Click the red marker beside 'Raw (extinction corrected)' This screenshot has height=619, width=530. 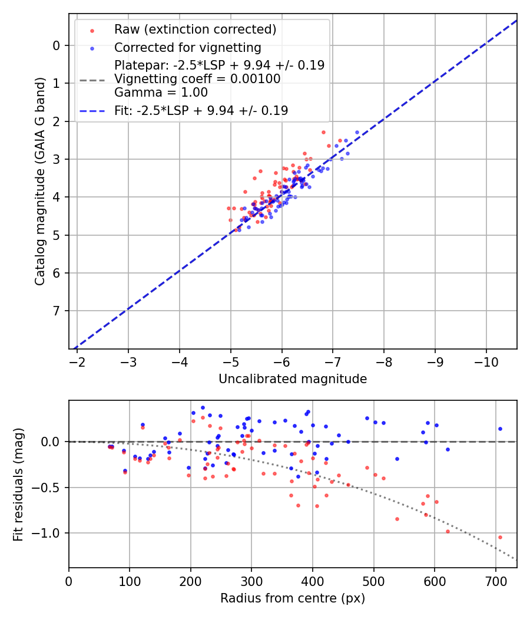(92, 29)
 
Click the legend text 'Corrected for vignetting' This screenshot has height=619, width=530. (187, 47)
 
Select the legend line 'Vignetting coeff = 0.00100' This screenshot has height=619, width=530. (197, 79)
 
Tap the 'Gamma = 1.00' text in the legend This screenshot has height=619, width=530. (161, 93)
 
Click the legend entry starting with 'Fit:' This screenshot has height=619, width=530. (201, 111)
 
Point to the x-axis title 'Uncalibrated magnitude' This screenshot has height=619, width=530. (293, 379)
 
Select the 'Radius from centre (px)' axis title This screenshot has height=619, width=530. (293, 598)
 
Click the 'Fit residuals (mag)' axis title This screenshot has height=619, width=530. (18, 484)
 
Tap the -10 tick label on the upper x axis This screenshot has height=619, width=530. (486, 361)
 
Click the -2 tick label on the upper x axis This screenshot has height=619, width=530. (77, 361)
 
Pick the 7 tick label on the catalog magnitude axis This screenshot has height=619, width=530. (57, 311)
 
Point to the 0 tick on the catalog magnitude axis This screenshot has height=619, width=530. (57, 45)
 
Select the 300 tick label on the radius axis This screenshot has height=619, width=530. (251, 581)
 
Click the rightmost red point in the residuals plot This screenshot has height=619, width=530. (500, 537)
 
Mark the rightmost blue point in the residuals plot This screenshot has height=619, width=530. (500, 429)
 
